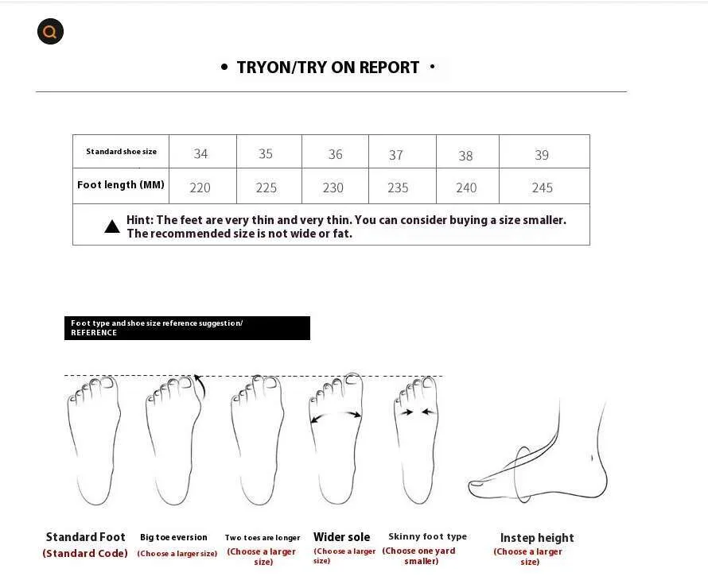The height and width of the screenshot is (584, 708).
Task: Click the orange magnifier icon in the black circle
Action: (50, 32)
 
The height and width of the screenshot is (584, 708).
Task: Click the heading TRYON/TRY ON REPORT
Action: (328, 68)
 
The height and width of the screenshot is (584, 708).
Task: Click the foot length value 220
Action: (200, 188)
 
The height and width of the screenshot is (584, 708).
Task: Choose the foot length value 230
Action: (333, 188)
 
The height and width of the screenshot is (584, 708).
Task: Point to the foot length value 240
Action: (466, 188)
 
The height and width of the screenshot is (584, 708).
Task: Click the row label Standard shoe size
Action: (122, 152)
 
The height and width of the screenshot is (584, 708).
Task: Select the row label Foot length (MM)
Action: (121, 185)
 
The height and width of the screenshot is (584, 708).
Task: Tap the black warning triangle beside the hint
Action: (112, 226)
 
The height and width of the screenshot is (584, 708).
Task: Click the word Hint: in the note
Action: (140, 220)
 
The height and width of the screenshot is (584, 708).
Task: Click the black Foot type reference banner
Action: (187, 328)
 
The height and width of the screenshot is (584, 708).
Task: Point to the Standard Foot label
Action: (85, 537)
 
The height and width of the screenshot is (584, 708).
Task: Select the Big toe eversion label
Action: (174, 537)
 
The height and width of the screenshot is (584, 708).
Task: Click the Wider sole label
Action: (342, 537)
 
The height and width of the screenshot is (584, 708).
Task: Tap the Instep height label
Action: (537, 538)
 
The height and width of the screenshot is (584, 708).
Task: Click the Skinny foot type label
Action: (428, 536)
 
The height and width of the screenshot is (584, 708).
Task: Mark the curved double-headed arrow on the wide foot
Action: (336, 412)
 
